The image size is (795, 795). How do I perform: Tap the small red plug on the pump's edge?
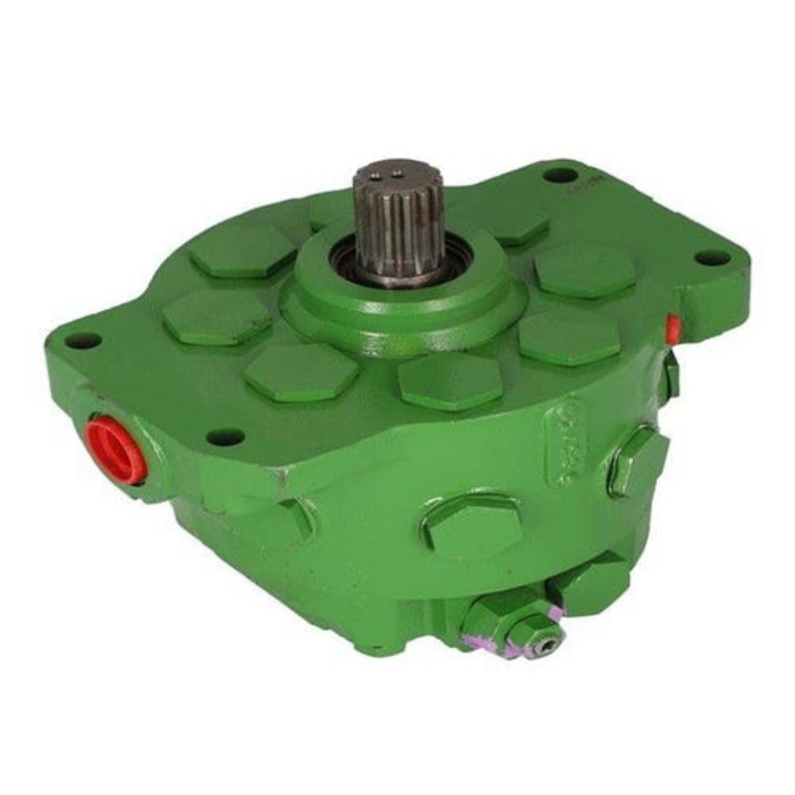(674, 327)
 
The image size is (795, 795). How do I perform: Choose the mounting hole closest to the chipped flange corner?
(227, 436)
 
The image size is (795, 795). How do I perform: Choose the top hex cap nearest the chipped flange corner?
(300, 373)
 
